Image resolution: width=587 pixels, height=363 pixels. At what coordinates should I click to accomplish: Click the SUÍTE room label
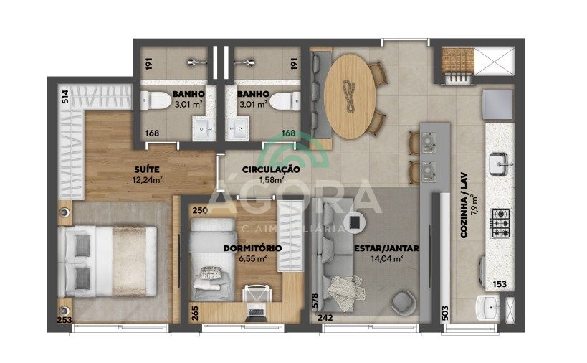click(147, 169)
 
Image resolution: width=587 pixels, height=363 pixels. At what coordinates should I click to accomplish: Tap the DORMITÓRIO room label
click(252, 248)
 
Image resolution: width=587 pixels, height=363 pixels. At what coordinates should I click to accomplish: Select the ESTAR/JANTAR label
click(386, 248)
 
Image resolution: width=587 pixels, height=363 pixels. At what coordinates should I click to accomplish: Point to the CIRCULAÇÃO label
click(271, 170)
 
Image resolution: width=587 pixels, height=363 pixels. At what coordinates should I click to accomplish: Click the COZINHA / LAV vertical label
click(464, 205)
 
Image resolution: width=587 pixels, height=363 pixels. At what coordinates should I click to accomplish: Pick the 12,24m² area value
click(147, 180)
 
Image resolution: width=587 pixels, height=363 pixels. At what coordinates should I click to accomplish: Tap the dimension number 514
click(65, 97)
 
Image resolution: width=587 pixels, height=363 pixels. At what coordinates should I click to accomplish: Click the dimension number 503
click(445, 313)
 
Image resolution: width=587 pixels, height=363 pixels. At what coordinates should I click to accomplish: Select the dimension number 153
click(500, 284)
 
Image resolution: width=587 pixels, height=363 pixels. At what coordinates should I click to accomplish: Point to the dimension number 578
click(315, 301)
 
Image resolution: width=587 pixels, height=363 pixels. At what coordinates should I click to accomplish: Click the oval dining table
click(350, 96)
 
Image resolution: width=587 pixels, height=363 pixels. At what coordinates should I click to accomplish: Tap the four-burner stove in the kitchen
click(500, 223)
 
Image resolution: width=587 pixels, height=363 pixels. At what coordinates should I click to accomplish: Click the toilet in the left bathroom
click(156, 100)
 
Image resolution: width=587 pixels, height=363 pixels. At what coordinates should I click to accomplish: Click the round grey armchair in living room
click(404, 301)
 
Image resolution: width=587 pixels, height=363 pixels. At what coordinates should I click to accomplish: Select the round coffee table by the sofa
click(354, 222)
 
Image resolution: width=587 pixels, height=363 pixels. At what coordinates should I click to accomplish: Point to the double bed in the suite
click(107, 261)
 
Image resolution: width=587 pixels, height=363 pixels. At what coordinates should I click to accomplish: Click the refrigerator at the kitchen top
click(498, 105)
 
